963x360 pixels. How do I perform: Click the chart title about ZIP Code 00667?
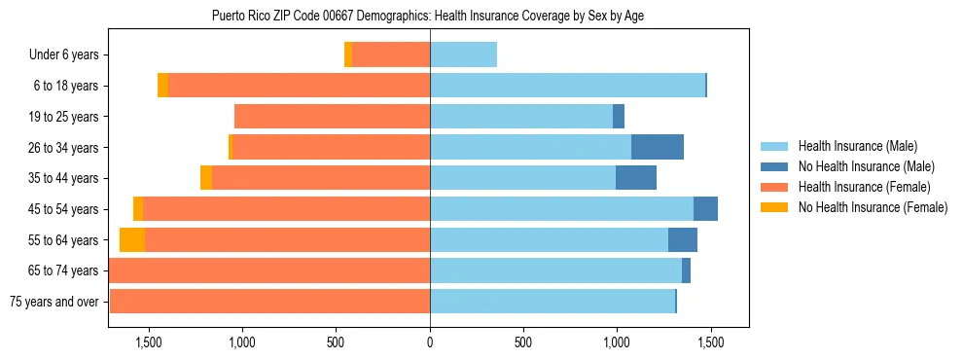pyautogui.click(x=427, y=16)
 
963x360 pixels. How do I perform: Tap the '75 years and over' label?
pyautogui.click(x=53, y=302)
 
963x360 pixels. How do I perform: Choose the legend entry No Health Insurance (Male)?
pyautogui.click(x=865, y=166)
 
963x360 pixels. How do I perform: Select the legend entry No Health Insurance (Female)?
pyautogui.click(x=872, y=207)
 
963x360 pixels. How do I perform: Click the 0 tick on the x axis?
pyautogui.click(x=429, y=342)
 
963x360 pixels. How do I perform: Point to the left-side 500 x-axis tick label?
pyautogui.click(x=336, y=342)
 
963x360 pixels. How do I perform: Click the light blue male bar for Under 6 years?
pyautogui.click(x=463, y=55)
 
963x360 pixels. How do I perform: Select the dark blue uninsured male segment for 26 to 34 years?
pyautogui.click(x=657, y=148)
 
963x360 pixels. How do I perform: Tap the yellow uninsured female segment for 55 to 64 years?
pyautogui.click(x=131, y=240)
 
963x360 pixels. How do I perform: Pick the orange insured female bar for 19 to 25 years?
pyautogui.click(x=332, y=117)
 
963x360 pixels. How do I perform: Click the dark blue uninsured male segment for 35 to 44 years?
pyautogui.click(x=635, y=178)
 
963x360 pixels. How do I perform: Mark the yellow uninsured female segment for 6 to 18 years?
pyautogui.click(x=162, y=86)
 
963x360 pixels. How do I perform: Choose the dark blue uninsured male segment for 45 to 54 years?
pyautogui.click(x=705, y=209)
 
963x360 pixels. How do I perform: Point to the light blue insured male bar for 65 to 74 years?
pyautogui.click(x=555, y=270)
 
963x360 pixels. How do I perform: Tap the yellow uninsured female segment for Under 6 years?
pyautogui.click(x=348, y=55)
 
